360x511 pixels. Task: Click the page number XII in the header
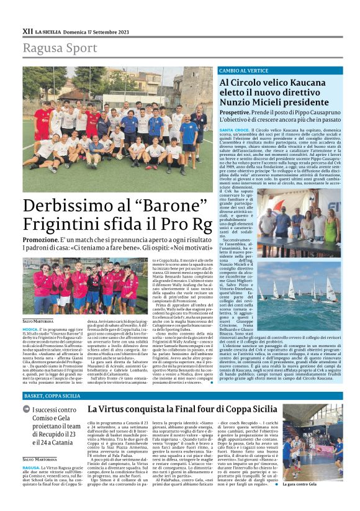point(27,30)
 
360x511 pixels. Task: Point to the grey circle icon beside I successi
point(26,409)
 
